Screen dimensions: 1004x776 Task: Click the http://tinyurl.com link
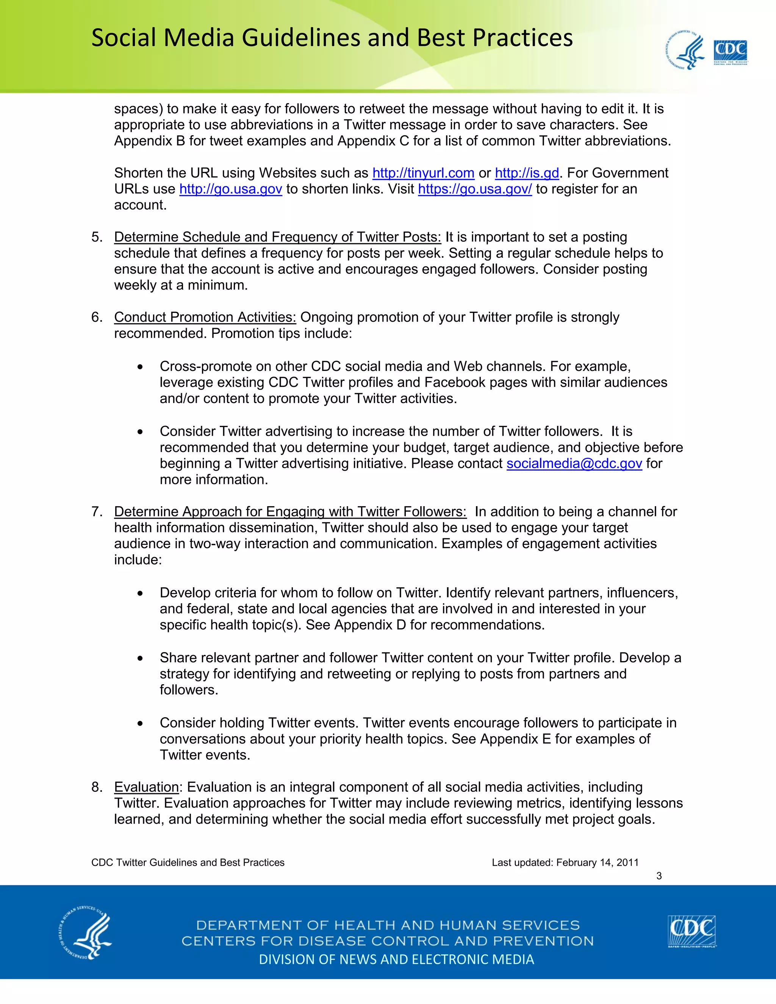[423, 173]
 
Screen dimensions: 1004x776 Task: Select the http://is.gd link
[527, 173]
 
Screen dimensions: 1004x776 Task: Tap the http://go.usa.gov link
[230, 189]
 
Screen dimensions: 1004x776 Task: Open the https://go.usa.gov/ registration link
[474, 189]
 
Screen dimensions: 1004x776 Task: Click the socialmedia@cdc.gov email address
[574, 463]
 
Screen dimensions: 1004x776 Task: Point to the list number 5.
[97, 237]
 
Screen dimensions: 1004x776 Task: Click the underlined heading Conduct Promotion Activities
[205, 317]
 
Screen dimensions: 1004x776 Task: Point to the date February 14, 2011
[597, 862]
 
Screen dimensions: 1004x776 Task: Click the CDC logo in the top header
[730, 52]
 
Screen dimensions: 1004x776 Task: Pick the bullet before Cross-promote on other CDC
[140, 367]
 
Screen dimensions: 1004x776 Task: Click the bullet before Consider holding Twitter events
[140, 724]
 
